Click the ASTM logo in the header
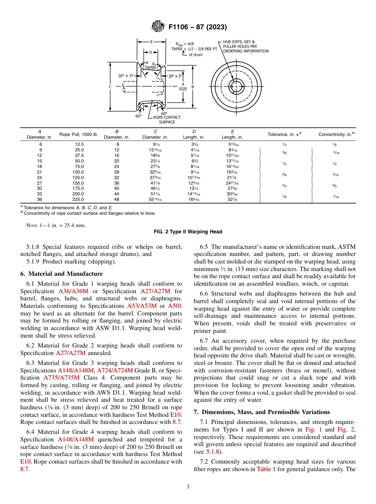(158, 27)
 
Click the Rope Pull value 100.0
(78, 172)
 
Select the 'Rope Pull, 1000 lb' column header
(78, 134)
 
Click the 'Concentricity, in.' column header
(336, 134)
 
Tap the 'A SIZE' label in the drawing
(183, 87)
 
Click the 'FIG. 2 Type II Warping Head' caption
(188, 232)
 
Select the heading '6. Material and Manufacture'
(61, 274)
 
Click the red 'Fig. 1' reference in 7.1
(312, 430)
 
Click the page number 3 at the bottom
(188, 487)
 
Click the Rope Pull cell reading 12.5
(78, 145)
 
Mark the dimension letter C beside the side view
(110, 86)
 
